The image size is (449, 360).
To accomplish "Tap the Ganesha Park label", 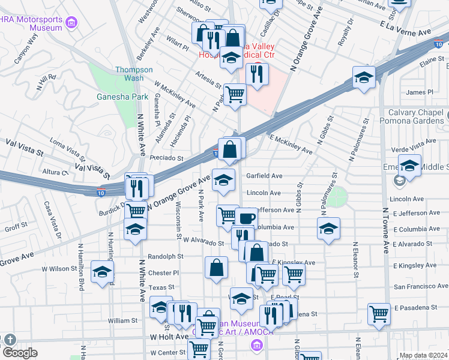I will (x=114, y=97).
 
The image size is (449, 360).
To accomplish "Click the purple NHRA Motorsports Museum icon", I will (x=73, y=23).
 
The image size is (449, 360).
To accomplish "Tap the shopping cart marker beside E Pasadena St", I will (x=379, y=314).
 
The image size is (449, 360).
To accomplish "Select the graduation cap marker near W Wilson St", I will (x=102, y=272).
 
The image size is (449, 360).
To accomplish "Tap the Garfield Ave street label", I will (x=264, y=176).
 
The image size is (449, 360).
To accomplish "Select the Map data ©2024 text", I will (x=423, y=355).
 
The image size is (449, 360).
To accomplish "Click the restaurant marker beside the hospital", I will (x=257, y=74).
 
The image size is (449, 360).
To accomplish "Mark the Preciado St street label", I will (x=167, y=158).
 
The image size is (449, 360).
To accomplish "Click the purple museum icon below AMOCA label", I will (x=257, y=346).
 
